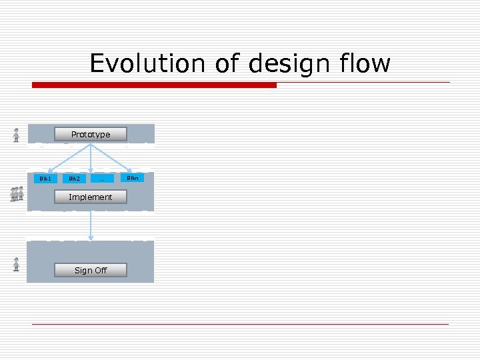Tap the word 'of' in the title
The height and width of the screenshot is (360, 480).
coord(228,64)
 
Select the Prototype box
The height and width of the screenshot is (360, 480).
coord(91,134)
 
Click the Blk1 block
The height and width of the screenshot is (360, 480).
coord(45,179)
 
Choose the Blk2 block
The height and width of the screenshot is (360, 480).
coord(74,179)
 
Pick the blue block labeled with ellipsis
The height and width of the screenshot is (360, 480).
coord(102,179)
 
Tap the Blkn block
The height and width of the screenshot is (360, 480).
coord(133,177)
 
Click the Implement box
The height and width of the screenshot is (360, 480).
coord(91,197)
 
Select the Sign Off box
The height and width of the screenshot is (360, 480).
coord(91,270)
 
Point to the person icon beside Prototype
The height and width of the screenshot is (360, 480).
coord(16,135)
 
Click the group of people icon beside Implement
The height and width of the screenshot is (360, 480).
coord(17,194)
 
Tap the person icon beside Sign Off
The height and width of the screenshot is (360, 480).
coord(16,264)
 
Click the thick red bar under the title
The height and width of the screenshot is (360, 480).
coord(154,85)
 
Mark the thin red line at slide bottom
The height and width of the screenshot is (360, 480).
coord(240,324)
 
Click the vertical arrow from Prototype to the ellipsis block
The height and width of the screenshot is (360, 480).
coord(91,160)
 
